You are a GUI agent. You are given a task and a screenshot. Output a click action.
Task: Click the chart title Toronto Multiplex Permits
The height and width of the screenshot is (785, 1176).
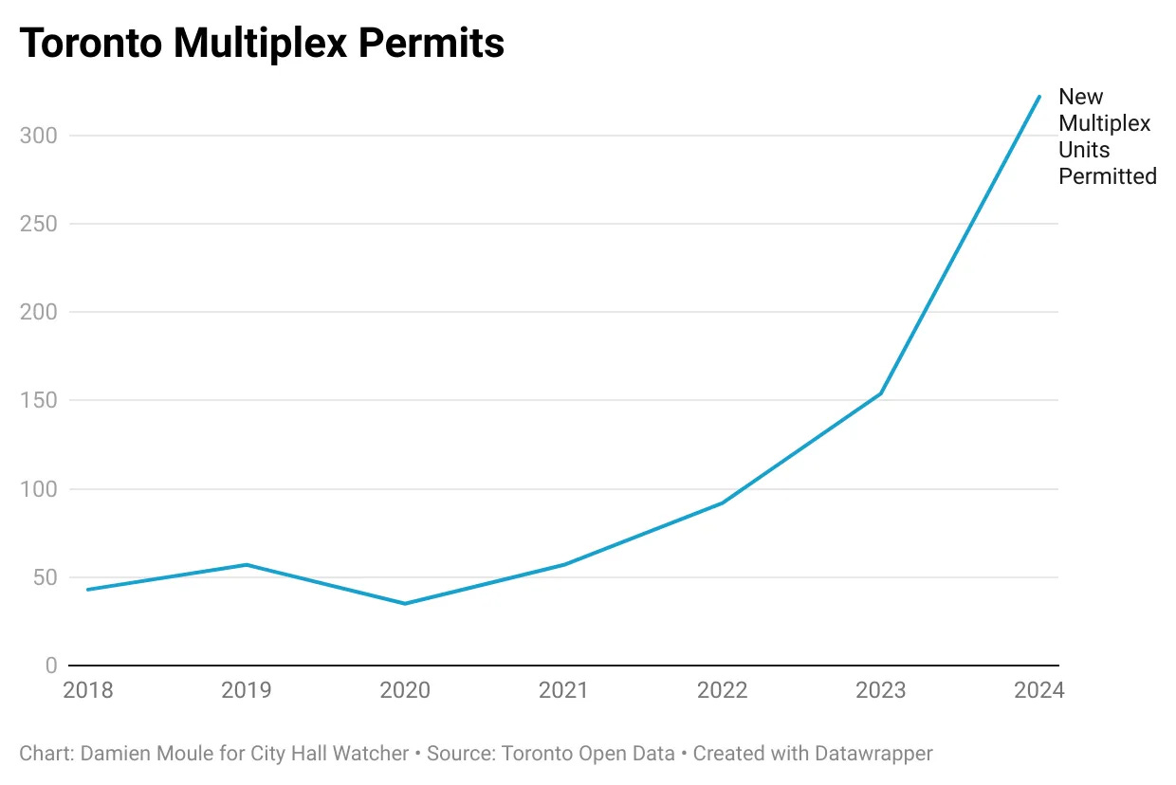[262, 43]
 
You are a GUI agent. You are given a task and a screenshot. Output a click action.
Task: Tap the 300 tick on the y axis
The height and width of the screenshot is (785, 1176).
[38, 136]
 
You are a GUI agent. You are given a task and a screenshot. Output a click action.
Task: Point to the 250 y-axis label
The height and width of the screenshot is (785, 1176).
[38, 224]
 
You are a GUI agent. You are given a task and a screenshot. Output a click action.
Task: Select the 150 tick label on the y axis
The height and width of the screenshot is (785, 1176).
[38, 400]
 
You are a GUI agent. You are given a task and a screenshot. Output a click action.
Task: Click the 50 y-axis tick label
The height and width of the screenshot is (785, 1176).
[44, 577]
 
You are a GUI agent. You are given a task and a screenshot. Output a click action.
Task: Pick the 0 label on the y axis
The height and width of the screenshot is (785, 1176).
[50, 666]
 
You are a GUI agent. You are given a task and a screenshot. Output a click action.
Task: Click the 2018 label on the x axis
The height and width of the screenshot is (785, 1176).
[88, 690]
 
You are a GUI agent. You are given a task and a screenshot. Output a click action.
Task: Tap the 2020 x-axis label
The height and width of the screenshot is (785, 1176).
[405, 690]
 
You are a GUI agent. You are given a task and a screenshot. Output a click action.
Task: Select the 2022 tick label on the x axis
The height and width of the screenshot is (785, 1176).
[722, 690]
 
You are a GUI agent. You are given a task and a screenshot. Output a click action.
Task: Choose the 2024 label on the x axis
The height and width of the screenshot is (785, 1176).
[1039, 690]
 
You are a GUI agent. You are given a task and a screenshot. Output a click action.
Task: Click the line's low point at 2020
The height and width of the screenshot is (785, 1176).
[405, 603]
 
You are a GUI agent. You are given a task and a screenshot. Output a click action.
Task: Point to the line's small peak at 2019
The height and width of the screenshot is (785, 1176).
[247, 565]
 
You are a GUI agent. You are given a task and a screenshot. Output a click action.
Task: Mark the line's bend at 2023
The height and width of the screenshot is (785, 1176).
[881, 393]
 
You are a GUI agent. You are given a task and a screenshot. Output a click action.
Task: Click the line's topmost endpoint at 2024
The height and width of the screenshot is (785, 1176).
[1039, 97]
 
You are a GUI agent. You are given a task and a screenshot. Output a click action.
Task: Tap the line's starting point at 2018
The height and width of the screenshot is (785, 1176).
[88, 590]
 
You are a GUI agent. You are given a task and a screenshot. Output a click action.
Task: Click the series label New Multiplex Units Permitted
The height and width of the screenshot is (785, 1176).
[1107, 137]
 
